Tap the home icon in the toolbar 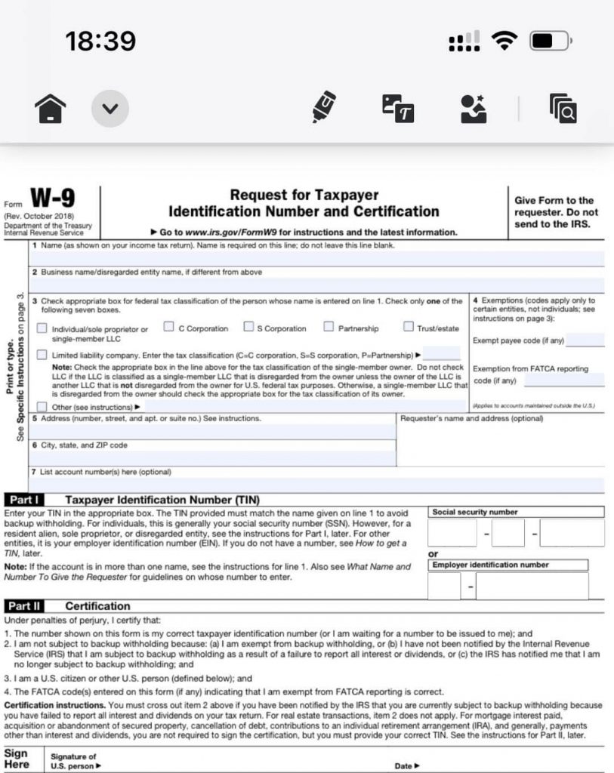click(51, 109)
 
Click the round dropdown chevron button click(110, 109)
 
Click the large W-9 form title click(53, 199)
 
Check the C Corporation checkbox click(169, 327)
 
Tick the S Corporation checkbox click(248, 327)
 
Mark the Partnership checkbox click(329, 327)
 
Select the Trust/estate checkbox click(409, 327)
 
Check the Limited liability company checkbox click(42, 355)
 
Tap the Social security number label click(474, 512)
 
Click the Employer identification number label click(490, 565)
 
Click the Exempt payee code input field click(585, 340)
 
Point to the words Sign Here click(17, 759)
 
